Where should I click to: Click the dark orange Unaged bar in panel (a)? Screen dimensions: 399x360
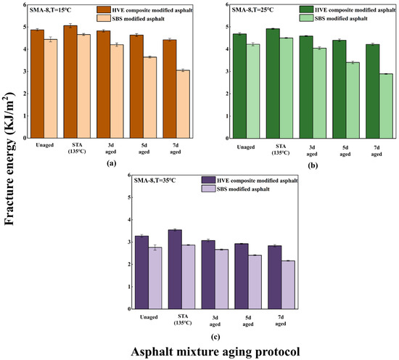click(38, 84)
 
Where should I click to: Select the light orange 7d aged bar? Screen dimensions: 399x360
click(183, 104)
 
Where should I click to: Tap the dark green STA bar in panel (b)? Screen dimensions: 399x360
click(273, 83)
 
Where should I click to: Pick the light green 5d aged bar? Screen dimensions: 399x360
click(353, 100)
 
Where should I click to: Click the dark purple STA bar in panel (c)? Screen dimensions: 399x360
click(175, 269)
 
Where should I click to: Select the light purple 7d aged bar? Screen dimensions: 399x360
click(288, 285)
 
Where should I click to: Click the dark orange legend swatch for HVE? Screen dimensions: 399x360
click(104, 9)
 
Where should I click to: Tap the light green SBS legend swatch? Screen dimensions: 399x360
click(306, 18)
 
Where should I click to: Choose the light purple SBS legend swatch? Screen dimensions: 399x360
click(208, 189)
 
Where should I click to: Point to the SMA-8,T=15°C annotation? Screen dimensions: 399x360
click(50, 10)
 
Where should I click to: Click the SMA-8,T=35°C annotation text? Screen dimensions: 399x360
click(155, 181)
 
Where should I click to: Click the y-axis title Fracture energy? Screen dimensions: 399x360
click(9, 159)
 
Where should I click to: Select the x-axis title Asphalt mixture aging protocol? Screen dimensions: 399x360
click(215, 352)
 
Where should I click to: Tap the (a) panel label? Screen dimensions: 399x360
click(112, 163)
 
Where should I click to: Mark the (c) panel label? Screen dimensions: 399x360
click(215, 337)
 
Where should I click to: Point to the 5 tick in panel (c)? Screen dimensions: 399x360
click(129, 197)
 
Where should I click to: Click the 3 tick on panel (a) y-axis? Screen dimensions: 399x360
click(25, 71)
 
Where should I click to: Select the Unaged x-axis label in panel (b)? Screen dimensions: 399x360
click(246, 147)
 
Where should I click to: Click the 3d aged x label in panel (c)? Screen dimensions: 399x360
click(215, 321)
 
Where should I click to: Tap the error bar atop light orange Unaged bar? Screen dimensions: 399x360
click(51, 39)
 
